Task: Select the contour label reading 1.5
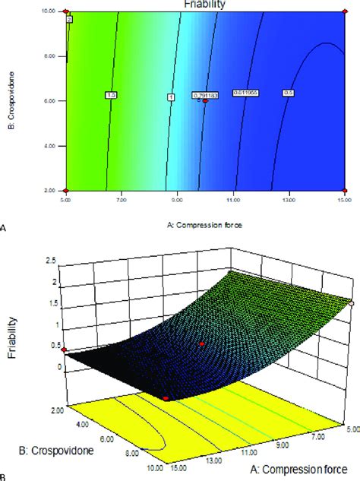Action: coord(111,95)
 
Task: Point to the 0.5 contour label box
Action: coord(289,93)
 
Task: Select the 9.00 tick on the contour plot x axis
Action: coord(177,199)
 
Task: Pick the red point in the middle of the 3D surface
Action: coord(202,344)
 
